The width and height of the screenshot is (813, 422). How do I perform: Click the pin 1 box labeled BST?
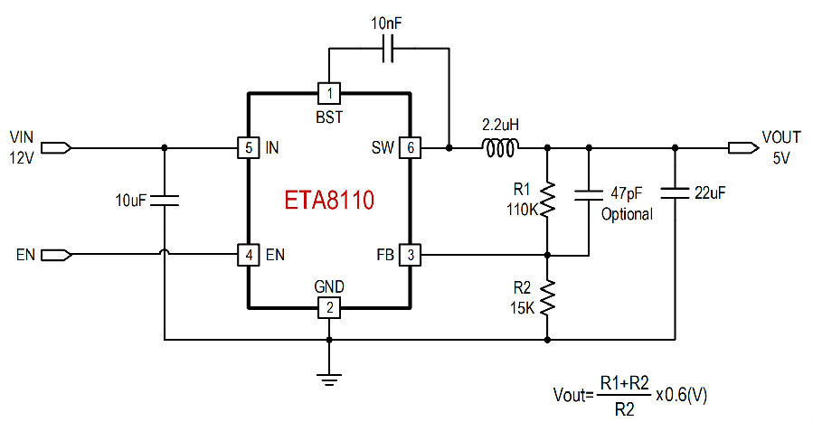328,94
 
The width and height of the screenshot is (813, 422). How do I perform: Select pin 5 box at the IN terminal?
249,148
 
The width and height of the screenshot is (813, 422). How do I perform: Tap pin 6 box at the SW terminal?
410,148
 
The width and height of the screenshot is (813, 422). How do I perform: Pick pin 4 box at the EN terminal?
249,255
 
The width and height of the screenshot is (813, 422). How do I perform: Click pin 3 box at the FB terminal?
410,255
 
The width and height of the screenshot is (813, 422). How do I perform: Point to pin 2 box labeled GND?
328,307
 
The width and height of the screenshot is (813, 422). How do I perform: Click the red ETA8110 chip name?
329,200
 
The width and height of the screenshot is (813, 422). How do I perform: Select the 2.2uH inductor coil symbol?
500,148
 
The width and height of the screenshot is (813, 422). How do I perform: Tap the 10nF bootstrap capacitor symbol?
388,49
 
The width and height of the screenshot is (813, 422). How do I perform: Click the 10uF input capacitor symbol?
165,201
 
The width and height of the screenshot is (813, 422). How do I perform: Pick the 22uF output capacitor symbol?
675,193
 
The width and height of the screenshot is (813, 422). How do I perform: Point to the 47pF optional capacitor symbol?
589,194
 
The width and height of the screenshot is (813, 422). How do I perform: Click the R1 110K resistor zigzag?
547,199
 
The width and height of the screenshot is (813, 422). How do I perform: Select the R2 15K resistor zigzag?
547,297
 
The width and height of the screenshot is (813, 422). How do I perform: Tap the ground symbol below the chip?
328,380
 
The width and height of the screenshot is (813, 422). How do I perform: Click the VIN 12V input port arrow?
56,148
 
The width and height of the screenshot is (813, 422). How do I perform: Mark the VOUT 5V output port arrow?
743,148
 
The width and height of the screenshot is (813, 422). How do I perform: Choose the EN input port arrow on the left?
56,255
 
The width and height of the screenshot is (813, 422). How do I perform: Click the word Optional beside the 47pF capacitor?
627,214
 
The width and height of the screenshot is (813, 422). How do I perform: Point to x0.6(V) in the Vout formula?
681,395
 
